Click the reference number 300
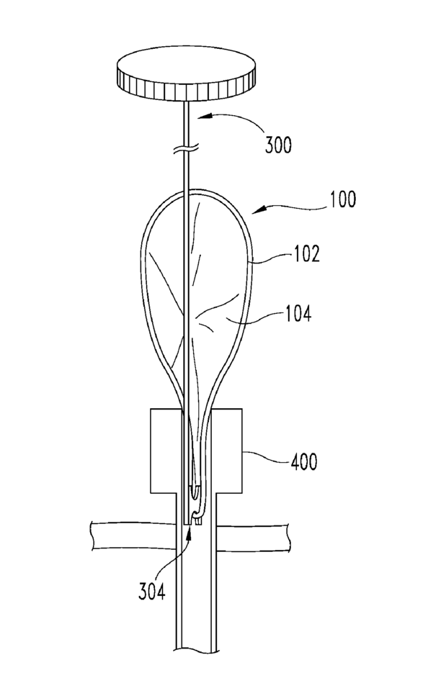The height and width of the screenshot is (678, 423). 278,145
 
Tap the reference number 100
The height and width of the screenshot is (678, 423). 343,199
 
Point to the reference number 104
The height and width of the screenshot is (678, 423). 298,313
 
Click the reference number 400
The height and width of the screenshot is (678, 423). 304,462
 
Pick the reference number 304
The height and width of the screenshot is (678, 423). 151,591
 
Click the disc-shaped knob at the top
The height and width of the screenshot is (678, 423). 186,73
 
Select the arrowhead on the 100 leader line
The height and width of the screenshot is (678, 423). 257,209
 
